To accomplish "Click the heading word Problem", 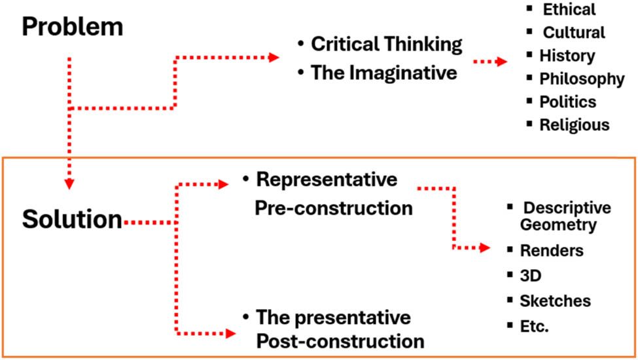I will coord(73,27).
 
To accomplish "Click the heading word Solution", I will coord(72,220).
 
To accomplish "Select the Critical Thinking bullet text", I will coord(387,45).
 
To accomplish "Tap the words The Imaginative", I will coord(384,73).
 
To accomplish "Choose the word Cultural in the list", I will coord(574,32).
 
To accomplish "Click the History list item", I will coord(567,56).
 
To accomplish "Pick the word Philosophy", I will coord(582,79).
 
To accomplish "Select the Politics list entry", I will coord(567,102).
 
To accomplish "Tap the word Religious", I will coord(574,124).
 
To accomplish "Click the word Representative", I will coord(327,179).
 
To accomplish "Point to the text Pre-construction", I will coord(334,208).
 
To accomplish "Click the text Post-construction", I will coord(340,341).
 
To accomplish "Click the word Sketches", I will coord(555,300).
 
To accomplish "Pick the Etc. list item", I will coord(535,325).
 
